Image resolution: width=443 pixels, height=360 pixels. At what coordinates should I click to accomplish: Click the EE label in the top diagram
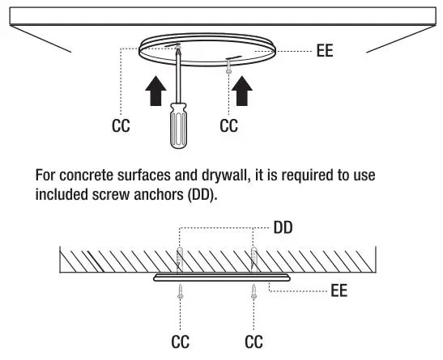click(x=326, y=52)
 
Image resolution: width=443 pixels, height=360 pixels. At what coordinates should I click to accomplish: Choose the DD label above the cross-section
click(x=283, y=229)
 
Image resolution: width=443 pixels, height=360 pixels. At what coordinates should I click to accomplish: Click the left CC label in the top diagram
click(x=119, y=126)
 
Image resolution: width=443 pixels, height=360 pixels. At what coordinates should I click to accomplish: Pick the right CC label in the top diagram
click(x=229, y=126)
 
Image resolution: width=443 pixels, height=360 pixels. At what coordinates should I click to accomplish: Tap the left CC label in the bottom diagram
click(x=180, y=342)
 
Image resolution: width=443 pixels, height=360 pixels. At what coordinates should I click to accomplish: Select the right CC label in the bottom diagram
click(x=253, y=342)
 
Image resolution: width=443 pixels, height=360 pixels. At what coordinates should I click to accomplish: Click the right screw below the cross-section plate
click(x=253, y=292)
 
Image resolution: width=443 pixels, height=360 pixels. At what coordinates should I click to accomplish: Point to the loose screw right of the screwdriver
click(x=230, y=71)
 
